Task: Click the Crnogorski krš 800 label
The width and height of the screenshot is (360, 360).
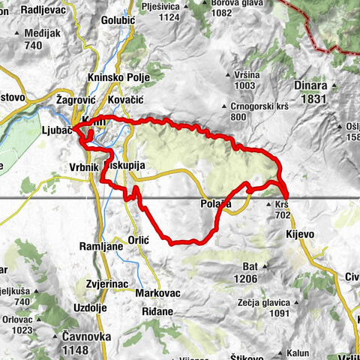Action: pos(227,111)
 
